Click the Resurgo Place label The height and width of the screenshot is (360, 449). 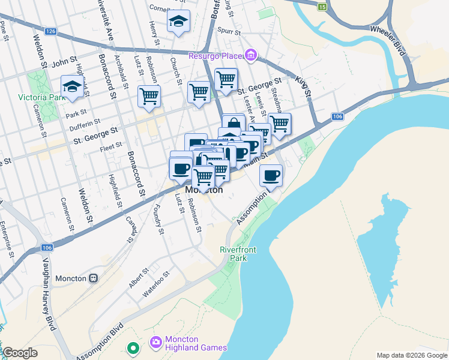(217, 56)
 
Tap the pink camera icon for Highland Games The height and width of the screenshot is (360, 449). (156, 342)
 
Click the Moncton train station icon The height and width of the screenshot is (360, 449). (93, 278)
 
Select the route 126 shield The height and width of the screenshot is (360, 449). (50, 31)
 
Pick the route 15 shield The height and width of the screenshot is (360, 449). (322, 7)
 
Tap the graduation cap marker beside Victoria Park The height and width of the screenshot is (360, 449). (72, 86)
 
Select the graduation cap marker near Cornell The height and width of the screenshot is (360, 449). (178, 22)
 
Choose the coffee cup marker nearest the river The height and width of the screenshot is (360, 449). (271, 175)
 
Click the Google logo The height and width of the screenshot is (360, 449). (20, 353)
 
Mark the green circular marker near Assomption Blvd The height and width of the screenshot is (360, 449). (133, 347)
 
